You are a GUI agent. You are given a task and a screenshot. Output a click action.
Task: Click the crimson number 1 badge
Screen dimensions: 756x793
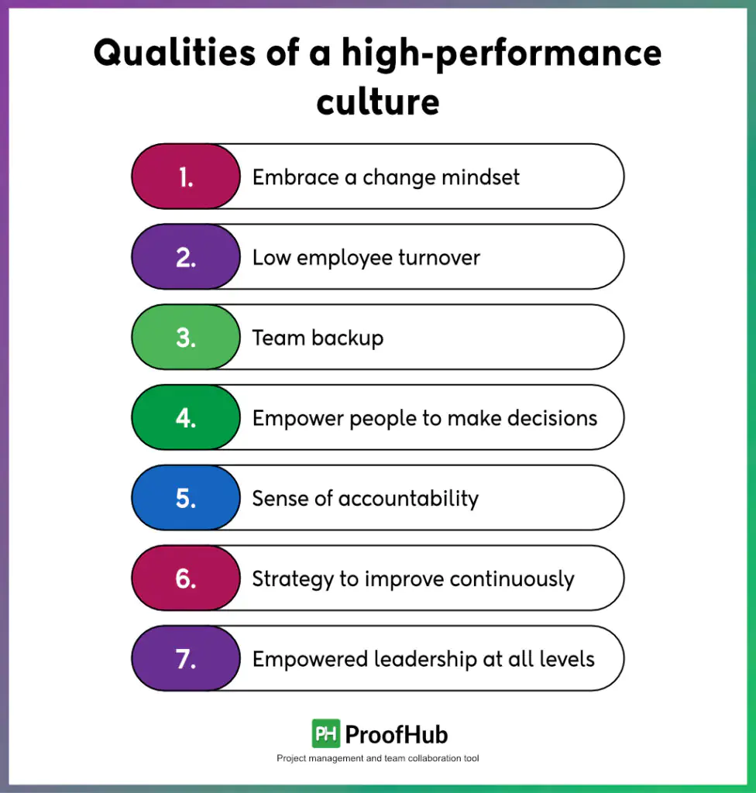coord(186,177)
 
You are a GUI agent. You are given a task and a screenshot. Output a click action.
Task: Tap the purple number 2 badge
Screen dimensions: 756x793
coord(186,257)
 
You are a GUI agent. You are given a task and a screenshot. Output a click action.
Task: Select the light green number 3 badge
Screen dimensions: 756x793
coord(186,337)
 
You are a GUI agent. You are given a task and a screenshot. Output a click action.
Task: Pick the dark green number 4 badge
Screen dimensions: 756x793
coord(186,417)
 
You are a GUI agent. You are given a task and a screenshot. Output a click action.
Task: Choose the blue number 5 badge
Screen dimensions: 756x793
coord(186,498)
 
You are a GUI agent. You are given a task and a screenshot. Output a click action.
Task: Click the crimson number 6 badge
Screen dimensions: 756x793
coord(186,578)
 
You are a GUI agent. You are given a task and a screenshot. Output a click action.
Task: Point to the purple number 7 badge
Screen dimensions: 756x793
coord(186,658)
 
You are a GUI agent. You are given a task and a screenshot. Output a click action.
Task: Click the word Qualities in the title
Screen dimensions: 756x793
coord(175,53)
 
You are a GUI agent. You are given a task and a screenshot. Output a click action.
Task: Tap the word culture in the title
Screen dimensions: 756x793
coord(378,101)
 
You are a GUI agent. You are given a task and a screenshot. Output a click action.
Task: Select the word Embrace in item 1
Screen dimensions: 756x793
coord(296,177)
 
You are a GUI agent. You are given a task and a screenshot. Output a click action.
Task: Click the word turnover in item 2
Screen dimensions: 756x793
coord(439,258)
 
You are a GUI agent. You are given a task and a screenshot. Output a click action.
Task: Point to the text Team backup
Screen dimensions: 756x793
coord(318,338)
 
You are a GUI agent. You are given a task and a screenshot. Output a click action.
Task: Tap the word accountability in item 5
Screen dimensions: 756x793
coord(408,499)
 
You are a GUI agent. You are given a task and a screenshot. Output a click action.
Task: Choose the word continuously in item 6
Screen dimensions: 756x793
coord(511,579)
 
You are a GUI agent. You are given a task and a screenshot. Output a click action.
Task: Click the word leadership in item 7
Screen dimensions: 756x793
coord(425,660)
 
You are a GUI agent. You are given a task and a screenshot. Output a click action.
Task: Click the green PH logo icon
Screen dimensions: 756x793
coord(326,733)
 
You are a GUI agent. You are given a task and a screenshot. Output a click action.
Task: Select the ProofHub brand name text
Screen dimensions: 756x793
coord(397,735)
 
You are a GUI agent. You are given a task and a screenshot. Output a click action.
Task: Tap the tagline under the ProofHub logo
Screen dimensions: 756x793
coord(377,758)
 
